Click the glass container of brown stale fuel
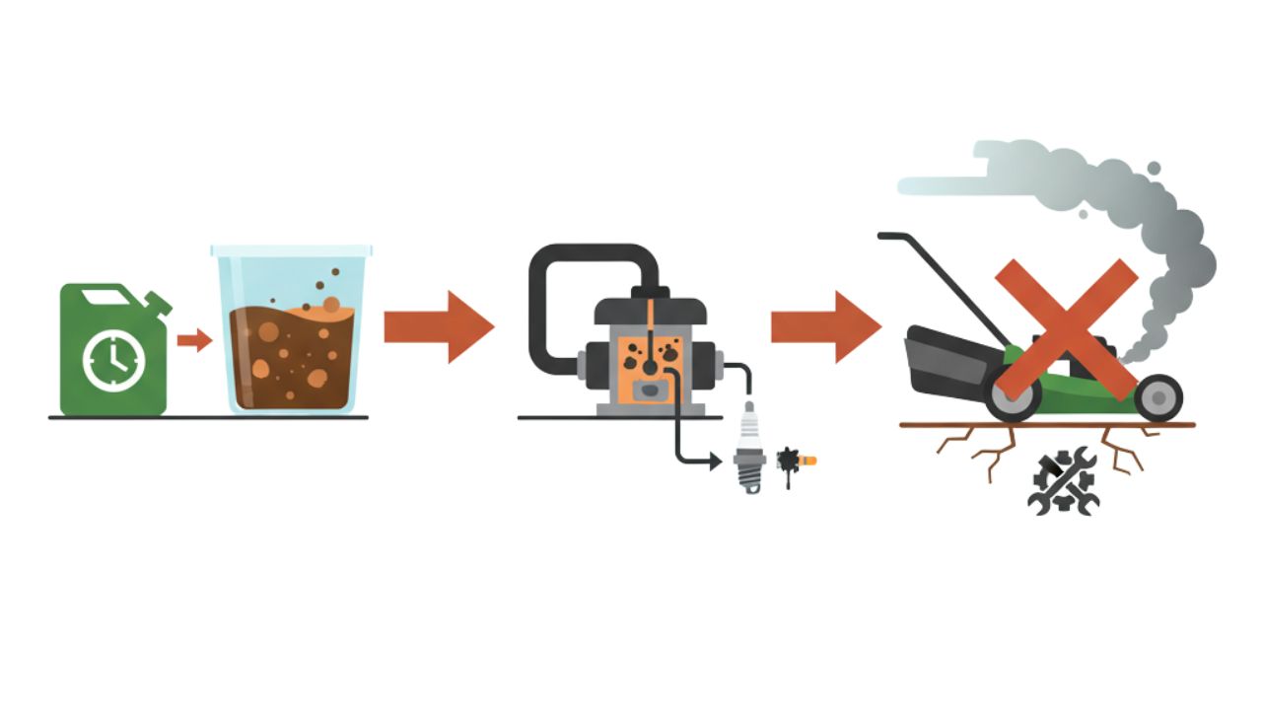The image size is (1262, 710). click(x=291, y=335)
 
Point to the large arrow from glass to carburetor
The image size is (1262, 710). click(x=438, y=326)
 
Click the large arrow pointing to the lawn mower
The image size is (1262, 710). click(x=825, y=326)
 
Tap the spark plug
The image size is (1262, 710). click(x=750, y=449)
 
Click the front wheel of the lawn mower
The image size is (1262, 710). click(x=1158, y=397)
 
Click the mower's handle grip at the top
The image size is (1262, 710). click(x=894, y=237)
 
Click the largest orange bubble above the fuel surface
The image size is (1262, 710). click(x=330, y=305)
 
